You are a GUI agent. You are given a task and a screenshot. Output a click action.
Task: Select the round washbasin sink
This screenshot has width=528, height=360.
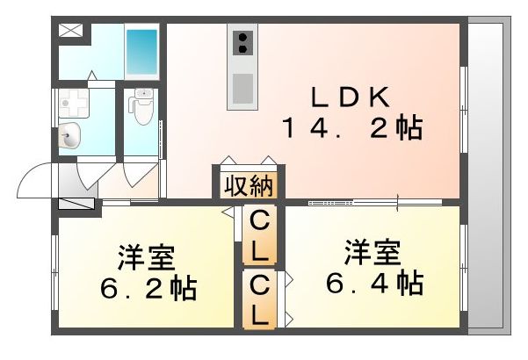click(71, 136)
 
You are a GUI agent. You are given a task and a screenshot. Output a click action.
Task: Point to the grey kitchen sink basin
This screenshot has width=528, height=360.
click(242, 88)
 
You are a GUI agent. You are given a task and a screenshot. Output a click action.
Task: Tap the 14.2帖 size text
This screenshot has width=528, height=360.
click(351, 130)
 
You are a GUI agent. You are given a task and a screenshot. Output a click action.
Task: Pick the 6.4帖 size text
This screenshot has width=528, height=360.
click(373, 283)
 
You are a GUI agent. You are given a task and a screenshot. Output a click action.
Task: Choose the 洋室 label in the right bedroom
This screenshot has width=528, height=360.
click(372, 253)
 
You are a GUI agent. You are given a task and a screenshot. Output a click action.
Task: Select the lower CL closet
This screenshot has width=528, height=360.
click(260, 299)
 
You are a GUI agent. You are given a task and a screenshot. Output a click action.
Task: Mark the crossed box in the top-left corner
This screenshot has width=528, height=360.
click(69, 31)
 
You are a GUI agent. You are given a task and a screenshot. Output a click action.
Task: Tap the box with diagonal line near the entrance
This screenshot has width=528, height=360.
click(76, 203)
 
